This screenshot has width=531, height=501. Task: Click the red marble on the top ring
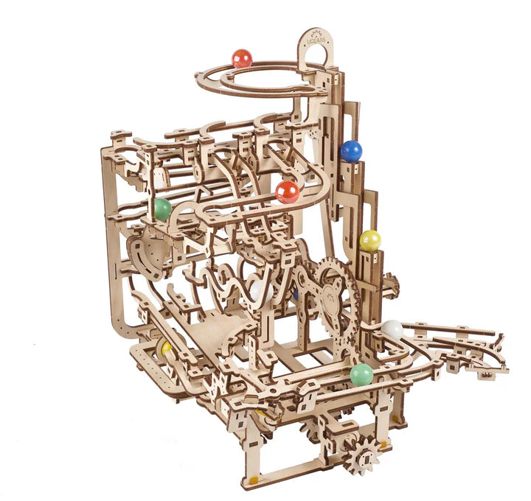pyautogui.click(x=242, y=58)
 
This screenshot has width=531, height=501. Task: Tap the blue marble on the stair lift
pyautogui.click(x=351, y=151)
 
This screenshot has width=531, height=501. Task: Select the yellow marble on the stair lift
pyautogui.click(x=370, y=240)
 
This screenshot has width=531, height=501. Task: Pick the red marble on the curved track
pyautogui.click(x=288, y=192)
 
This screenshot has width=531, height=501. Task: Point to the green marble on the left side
pyautogui.click(x=162, y=209)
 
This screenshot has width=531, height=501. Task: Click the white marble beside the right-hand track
pyautogui.click(x=392, y=330)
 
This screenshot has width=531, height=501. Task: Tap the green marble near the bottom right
pyautogui.click(x=361, y=374)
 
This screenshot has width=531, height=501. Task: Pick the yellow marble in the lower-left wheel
pyautogui.click(x=167, y=347)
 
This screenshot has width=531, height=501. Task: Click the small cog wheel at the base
pyautogui.click(x=361, y=455)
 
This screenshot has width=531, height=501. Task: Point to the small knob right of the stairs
pyautogui.click(x=391, y=283)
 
